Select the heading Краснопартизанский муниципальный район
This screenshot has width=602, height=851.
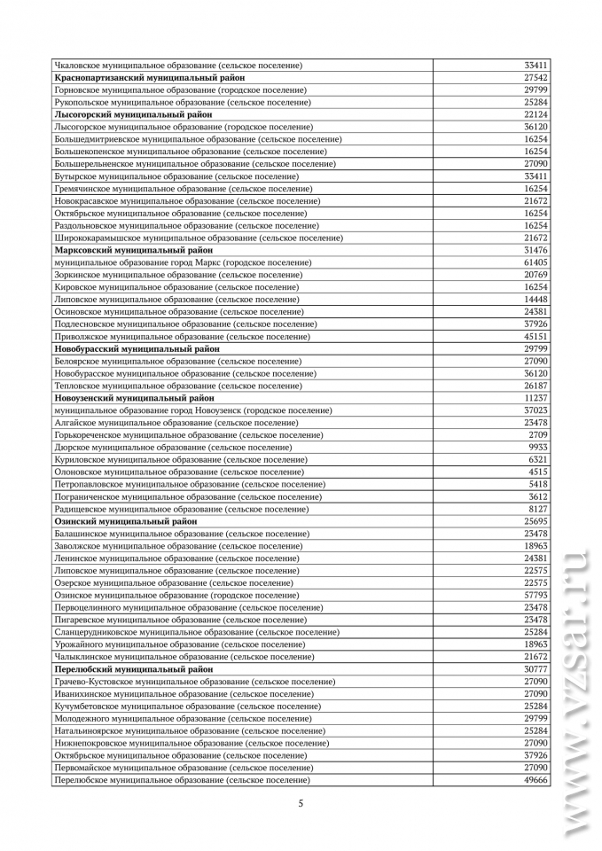point(149,78)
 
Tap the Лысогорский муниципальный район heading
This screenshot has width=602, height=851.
point(134,114)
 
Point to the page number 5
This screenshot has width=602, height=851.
point(301,804)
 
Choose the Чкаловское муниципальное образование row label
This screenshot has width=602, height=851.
point(178,66)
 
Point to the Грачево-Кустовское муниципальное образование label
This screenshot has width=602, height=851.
point(194,682)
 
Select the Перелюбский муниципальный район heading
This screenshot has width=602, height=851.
point(134,669)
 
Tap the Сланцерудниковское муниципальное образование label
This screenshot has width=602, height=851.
point(197,632)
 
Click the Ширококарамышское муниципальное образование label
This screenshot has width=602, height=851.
point(199,238)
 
